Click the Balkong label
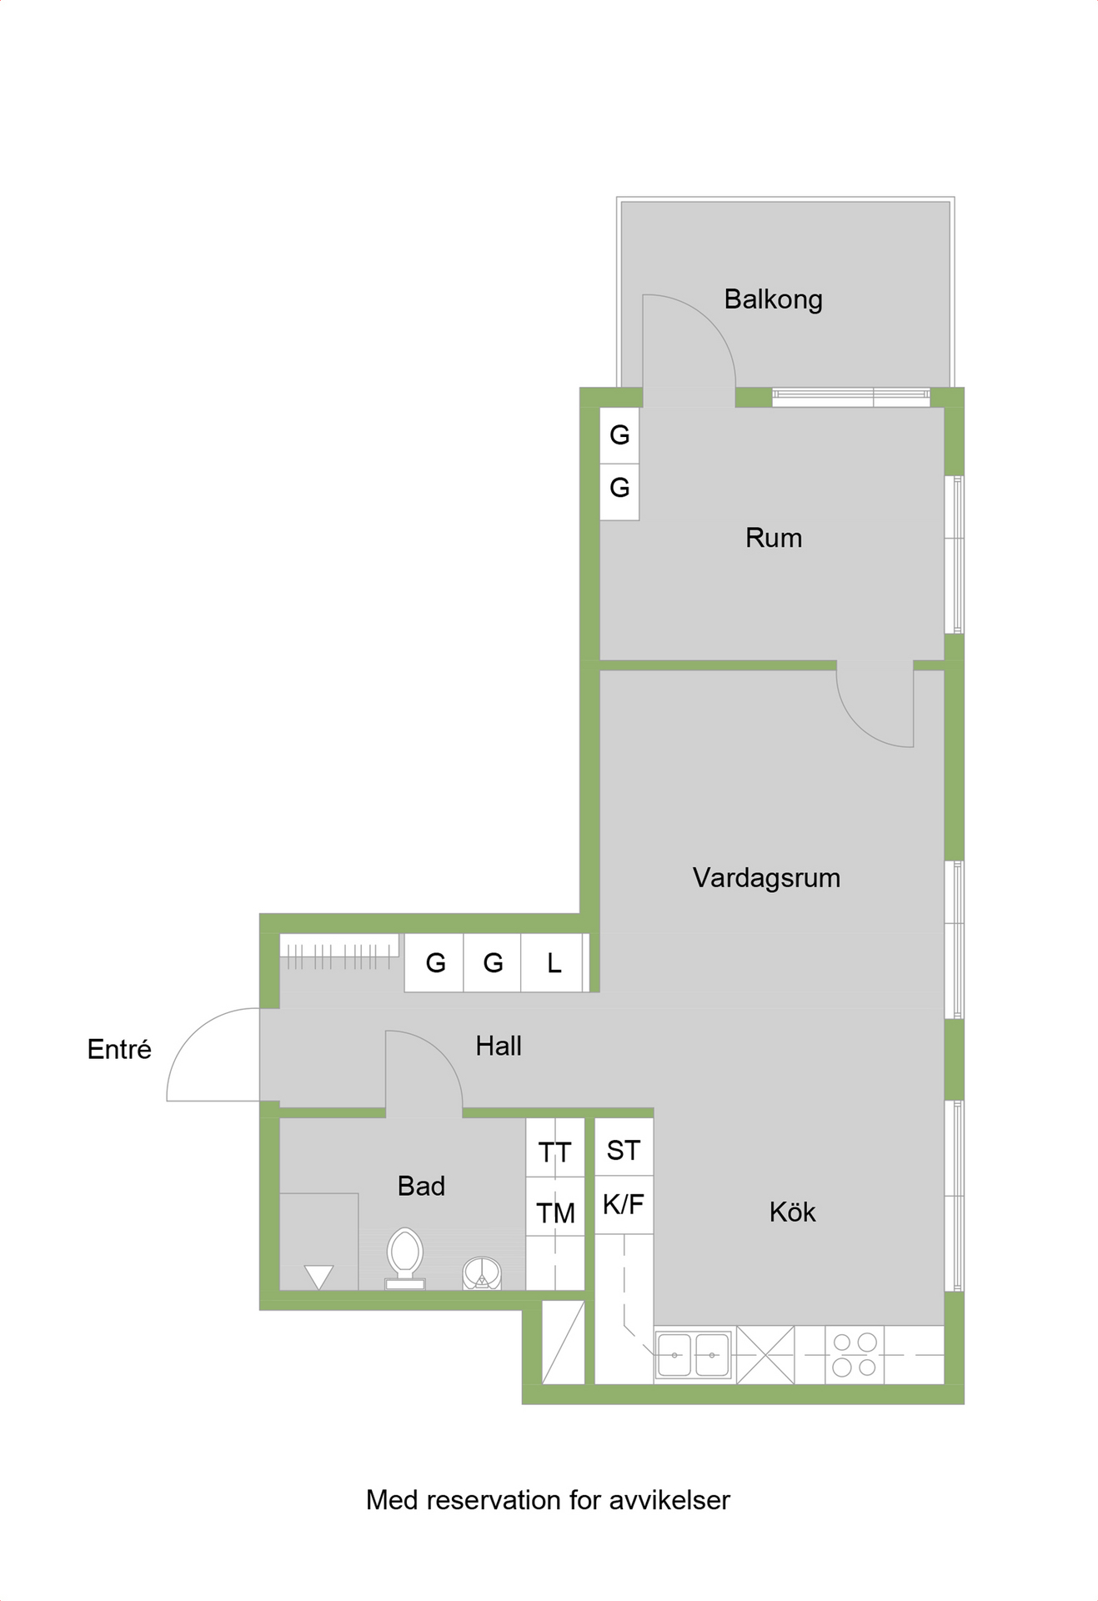pos(773,299)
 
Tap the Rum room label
pos(774,538)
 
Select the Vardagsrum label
pos(766,878)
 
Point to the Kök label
pos(792,1212)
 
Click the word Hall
pos(499,1046)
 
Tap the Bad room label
pos(421,1186)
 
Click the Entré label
pos(119,1049)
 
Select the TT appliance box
pos(555,1148)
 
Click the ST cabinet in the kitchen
pos(624,1147)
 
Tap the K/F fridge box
pos(624,1204)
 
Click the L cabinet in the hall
pos(554,963)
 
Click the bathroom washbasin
pos(482,1273)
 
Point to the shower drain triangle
pos(318,1277)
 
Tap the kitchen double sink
pos(693,1354)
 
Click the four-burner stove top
pos(855,1354)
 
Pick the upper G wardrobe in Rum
pos(619,435)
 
